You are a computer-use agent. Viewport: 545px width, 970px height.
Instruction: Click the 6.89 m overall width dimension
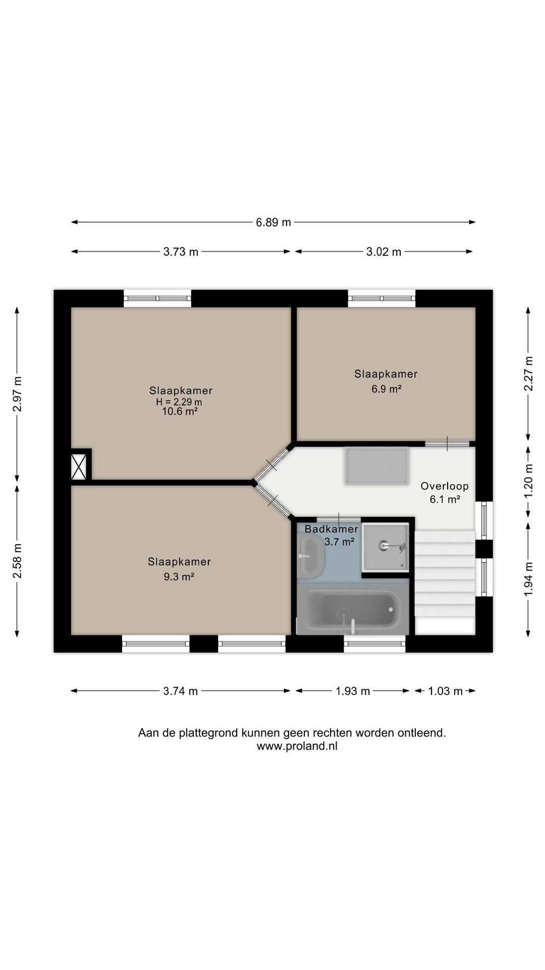(x=273, y=222)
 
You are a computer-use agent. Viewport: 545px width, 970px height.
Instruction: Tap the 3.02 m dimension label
(x=384, y=252)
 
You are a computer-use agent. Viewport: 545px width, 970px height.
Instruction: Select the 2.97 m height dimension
(x=17, y=394)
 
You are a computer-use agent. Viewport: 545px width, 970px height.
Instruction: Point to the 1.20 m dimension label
(x=528, y=481)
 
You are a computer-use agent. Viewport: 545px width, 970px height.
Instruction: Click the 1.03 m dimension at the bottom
(x=445, y=691)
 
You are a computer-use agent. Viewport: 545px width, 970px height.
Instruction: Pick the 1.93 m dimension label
(x=353, y=691)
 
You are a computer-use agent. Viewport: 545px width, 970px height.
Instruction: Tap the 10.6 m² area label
(x=179, y=411)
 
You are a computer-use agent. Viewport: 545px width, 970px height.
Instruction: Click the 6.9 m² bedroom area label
(x=386, y=389)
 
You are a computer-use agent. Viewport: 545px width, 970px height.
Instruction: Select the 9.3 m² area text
(x=179, y=576)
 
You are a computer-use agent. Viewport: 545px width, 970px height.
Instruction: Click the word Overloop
(x=445, y=486)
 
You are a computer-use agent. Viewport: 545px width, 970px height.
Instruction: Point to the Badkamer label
(x=331, y=529)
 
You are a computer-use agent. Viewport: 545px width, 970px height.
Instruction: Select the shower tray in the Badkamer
(x=385, y=547)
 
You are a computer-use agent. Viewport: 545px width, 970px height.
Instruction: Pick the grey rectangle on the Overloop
(x=376, y=466)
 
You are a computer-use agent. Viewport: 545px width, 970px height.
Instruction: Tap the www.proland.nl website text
(x=297, y=746)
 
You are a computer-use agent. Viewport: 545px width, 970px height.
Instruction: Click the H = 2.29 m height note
(x=179, y=402)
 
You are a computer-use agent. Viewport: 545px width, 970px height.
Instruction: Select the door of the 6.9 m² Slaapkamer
(x=447, y=444)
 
